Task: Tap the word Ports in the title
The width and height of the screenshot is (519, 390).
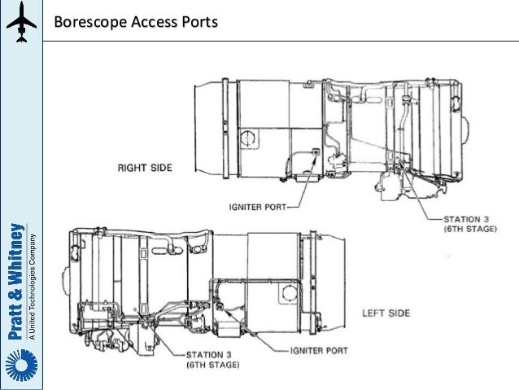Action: point(198,22)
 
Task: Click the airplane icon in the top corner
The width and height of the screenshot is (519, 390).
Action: point(21,23)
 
